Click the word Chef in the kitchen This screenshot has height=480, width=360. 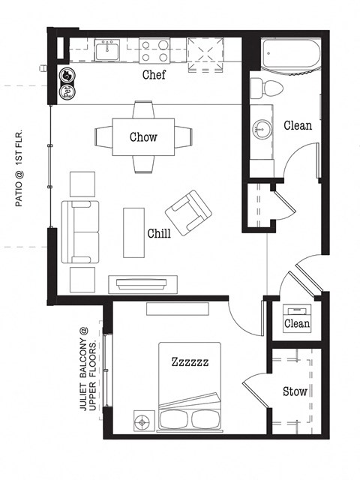coord(153,76)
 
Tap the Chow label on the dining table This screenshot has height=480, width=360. coord(143,136)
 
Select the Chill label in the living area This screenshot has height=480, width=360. coord(158,233)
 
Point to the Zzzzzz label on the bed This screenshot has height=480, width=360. coord(189,362)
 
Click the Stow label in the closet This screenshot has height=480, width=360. coord(294,391)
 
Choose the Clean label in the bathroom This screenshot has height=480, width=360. coord(298,125)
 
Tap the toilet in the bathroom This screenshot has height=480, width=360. coord(266,86)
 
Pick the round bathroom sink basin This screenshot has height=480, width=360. coord(263,128)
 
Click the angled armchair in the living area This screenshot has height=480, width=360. coord(187,212)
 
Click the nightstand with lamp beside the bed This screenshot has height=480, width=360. coord(141,421)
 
